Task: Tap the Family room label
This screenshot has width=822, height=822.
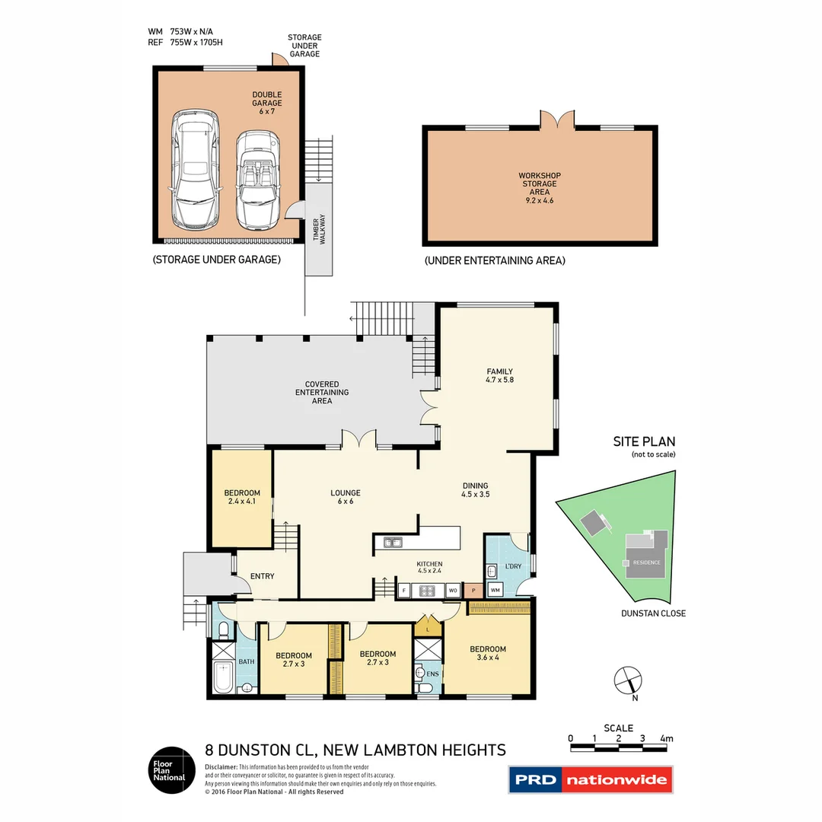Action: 500,375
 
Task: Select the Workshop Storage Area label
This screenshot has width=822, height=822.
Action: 540,183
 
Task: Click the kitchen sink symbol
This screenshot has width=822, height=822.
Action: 393,543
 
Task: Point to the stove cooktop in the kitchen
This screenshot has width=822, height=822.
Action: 427,590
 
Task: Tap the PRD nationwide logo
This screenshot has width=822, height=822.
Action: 591,779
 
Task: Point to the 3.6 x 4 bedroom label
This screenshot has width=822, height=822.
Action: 487,653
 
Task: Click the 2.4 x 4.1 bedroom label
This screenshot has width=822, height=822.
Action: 242,497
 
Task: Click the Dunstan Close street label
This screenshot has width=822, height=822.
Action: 652,613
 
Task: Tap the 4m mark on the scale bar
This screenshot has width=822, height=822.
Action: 666,738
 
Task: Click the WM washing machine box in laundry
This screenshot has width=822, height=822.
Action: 494,590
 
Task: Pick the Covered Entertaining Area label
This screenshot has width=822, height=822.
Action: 322,392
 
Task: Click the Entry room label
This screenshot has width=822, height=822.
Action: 263,576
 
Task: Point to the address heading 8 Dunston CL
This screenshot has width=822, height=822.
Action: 355,750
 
